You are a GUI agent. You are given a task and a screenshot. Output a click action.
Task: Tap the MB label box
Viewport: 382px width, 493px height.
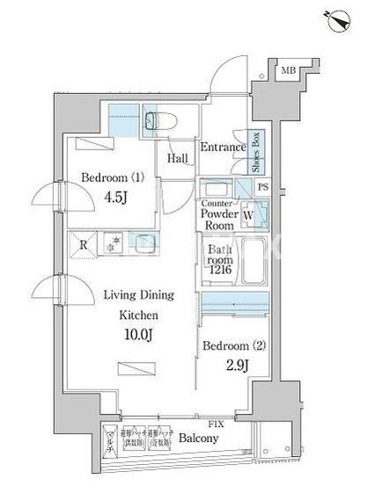click(288, 70)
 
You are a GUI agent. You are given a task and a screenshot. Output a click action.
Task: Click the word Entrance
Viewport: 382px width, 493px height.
click(223, 148)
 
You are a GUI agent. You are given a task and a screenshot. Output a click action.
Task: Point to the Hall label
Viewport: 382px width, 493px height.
click(178, 158)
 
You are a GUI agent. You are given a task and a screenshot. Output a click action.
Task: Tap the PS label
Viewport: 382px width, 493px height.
click(262, 186)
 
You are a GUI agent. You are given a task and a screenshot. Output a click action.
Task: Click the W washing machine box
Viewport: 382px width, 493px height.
click(249, 213)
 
